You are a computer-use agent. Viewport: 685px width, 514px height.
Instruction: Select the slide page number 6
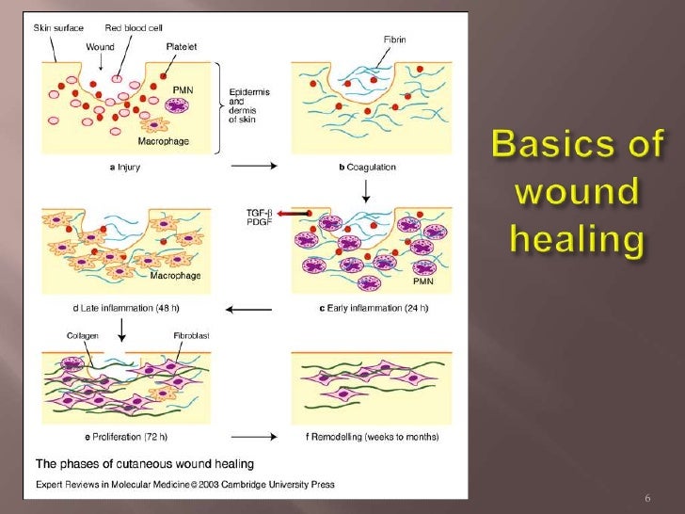[x=646, y=497]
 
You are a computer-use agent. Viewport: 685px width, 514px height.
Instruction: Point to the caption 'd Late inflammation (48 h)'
[x=104, y=309]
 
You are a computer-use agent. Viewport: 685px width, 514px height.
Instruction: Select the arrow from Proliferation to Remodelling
[x=252, y=436]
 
